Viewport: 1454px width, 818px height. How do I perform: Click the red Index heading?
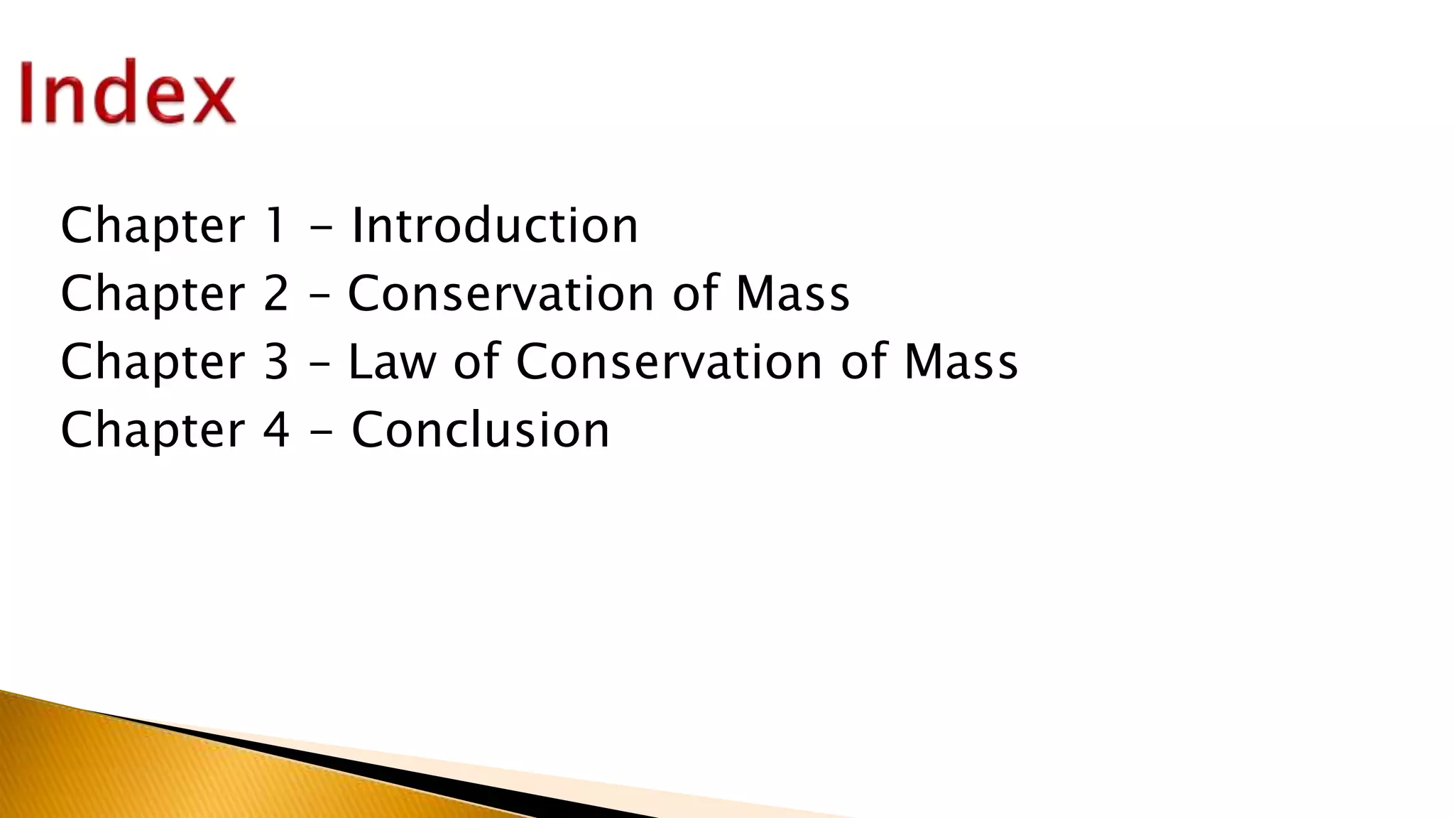pos(128,93)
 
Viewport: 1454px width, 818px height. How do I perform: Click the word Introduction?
pos(495,225)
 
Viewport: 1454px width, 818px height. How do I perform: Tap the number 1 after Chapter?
pos(275,225)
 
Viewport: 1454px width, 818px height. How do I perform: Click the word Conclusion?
pos(481,430)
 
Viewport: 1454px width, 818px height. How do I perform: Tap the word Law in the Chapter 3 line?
pos(392,361)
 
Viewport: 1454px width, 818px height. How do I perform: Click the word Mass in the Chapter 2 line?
pos(792,293)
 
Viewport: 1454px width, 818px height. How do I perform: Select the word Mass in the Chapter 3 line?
pos(961,361)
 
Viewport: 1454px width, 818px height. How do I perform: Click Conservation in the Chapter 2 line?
pos(501,293)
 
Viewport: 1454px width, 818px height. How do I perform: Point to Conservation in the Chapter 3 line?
pos(669,361)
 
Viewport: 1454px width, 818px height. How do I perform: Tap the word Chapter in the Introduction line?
pos(153,227)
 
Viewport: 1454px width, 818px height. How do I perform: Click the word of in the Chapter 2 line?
pos(695,293)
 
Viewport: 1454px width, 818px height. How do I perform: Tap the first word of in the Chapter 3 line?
pos(476,361)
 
